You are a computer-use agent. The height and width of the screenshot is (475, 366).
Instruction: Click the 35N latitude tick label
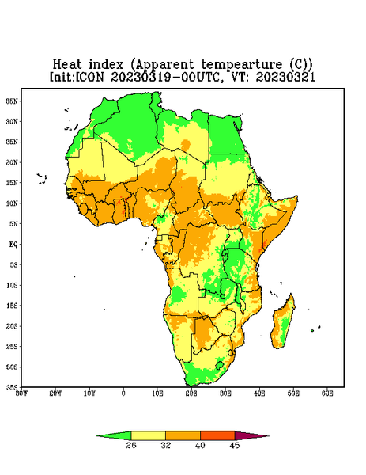point(12,101)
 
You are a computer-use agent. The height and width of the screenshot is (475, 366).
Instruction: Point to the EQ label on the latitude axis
point(13,244)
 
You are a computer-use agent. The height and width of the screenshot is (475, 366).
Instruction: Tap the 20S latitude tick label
point(12,326)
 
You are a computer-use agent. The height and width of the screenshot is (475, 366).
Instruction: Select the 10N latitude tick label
point(12,203)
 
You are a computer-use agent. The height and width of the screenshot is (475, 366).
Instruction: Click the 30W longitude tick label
point(21,393)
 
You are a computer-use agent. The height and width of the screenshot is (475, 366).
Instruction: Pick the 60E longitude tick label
point(327,393)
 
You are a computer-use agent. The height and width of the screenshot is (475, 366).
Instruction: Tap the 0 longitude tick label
point(123,393)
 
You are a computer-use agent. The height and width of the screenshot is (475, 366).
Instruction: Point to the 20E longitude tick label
point(191,393)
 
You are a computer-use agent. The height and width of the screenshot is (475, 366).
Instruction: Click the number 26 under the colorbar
point(131,445)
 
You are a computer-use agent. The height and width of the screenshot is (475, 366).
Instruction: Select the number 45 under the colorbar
point(235,445)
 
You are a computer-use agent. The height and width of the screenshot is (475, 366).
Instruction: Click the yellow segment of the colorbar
point(148,435)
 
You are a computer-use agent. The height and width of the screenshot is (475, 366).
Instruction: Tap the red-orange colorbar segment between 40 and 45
point(217,435)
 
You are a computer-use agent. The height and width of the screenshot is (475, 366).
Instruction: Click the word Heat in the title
point(67,65)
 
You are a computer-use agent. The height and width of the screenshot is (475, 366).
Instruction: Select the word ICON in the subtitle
point(89,77)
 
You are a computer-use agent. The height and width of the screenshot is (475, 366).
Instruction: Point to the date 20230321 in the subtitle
point(285,77)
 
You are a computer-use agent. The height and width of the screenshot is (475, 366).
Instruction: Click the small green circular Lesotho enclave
point(220,365)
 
